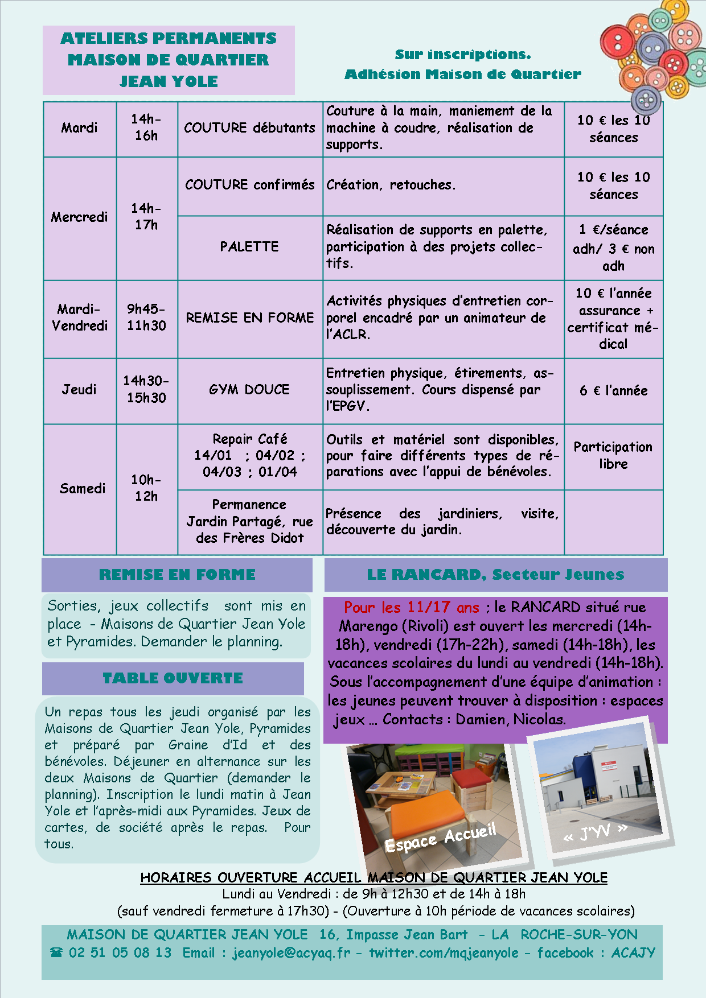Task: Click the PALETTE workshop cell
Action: click(249, 247)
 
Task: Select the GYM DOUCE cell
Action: click(249, 390)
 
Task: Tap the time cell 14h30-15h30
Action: click(146, 390)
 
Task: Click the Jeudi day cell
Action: click(79, 390)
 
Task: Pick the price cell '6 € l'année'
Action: click(613, 391)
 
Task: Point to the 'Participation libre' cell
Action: click(613, 455)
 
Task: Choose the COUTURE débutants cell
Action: click(249, 128)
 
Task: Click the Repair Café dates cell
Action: click(249, 456)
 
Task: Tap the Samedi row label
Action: click(82, 489)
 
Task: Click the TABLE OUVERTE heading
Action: click(173, 678)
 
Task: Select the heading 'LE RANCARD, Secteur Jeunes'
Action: click(495, 575)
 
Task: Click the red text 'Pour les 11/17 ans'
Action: click(412, 608)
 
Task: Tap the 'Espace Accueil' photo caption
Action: click(440, 838)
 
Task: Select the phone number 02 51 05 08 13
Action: click(120, 953)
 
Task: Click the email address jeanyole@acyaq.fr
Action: click(291, 953)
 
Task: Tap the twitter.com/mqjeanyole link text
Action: click(444, 953)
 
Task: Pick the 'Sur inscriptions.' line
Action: click(462, 55)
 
